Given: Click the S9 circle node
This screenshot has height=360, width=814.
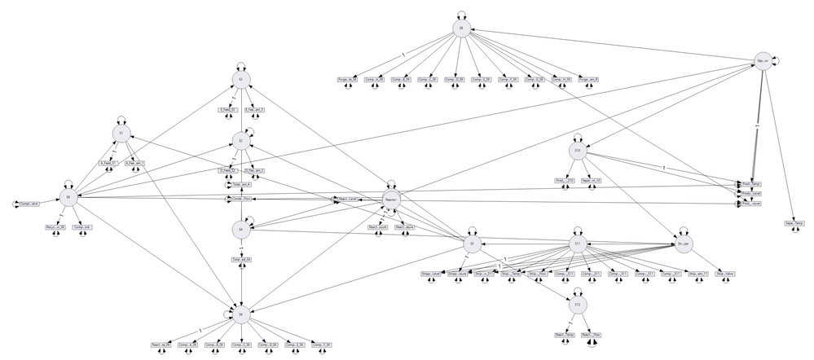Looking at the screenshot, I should (x=461, y=29).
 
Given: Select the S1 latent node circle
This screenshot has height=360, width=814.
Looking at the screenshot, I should (x=121, y=134).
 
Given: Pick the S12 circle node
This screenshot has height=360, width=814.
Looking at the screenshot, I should (x=577, y=305).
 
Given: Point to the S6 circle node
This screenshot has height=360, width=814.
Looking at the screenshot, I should (x=240, y=313).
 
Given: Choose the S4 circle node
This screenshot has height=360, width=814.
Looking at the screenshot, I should (x=240, y=230).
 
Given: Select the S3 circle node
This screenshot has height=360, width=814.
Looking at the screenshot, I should (x=240, y=79).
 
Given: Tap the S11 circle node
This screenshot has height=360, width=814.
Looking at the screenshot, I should (x=576, y=244).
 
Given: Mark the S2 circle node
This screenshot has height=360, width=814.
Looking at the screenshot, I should (x=240, y=142).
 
